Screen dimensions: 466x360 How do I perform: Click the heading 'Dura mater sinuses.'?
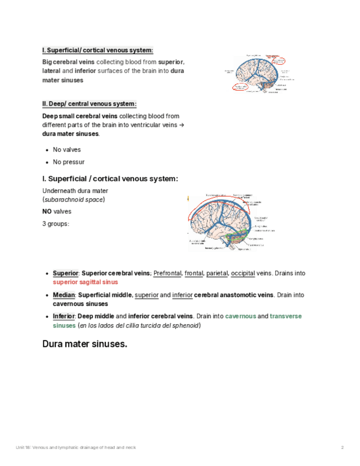point(85,345)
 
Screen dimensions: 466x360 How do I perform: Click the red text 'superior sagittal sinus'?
point(85,282)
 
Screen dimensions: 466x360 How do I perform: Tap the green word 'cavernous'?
point(240,316)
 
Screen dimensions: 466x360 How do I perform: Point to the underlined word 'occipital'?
point(243,273)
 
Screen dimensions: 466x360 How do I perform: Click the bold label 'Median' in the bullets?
point(64,295)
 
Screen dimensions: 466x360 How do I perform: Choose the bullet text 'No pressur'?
point(69,162)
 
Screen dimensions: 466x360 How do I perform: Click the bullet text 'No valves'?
point(67,149)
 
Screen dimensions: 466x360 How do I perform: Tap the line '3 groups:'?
point(56,224)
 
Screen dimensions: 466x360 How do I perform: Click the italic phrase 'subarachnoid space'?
point(74,199)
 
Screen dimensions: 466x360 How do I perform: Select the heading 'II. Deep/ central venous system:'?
point(89,104)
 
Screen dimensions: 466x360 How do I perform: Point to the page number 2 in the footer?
point(342,448)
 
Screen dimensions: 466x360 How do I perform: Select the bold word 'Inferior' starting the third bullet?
point(64,316)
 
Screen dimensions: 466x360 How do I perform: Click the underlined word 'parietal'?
point(217,273)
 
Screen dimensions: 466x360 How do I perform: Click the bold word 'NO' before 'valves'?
point(47,212)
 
